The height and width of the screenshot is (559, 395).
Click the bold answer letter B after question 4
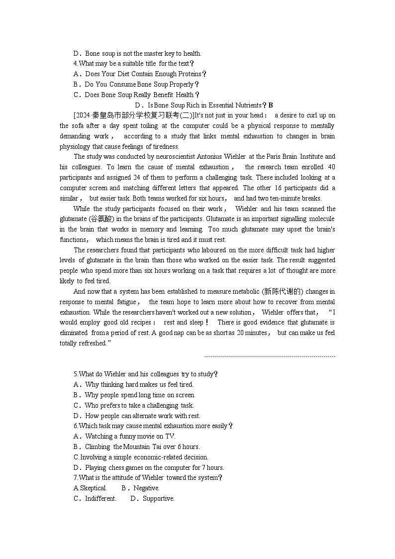click(x=271, y=105)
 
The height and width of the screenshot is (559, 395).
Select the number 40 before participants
click(x=331, y=167)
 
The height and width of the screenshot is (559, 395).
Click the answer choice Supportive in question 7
click(x=158, y=498)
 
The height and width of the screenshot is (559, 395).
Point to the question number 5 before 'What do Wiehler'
click(x=76, y=374)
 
